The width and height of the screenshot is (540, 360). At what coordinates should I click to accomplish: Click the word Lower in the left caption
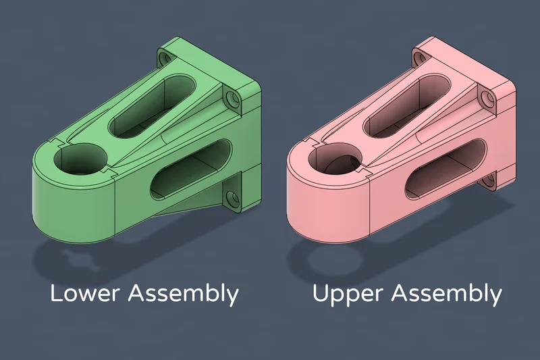(85, 293)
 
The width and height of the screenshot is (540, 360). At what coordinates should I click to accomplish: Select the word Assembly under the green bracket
(184, 294)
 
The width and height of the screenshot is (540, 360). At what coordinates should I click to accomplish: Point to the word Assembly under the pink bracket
(446, 294)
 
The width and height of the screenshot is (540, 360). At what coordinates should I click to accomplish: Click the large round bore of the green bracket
(80, 159)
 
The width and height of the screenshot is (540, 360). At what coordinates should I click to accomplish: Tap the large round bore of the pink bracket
(335, 159)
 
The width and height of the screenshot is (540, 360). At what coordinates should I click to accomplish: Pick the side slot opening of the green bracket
(192, 170)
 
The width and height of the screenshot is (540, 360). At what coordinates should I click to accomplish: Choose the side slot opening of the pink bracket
(446, 170)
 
